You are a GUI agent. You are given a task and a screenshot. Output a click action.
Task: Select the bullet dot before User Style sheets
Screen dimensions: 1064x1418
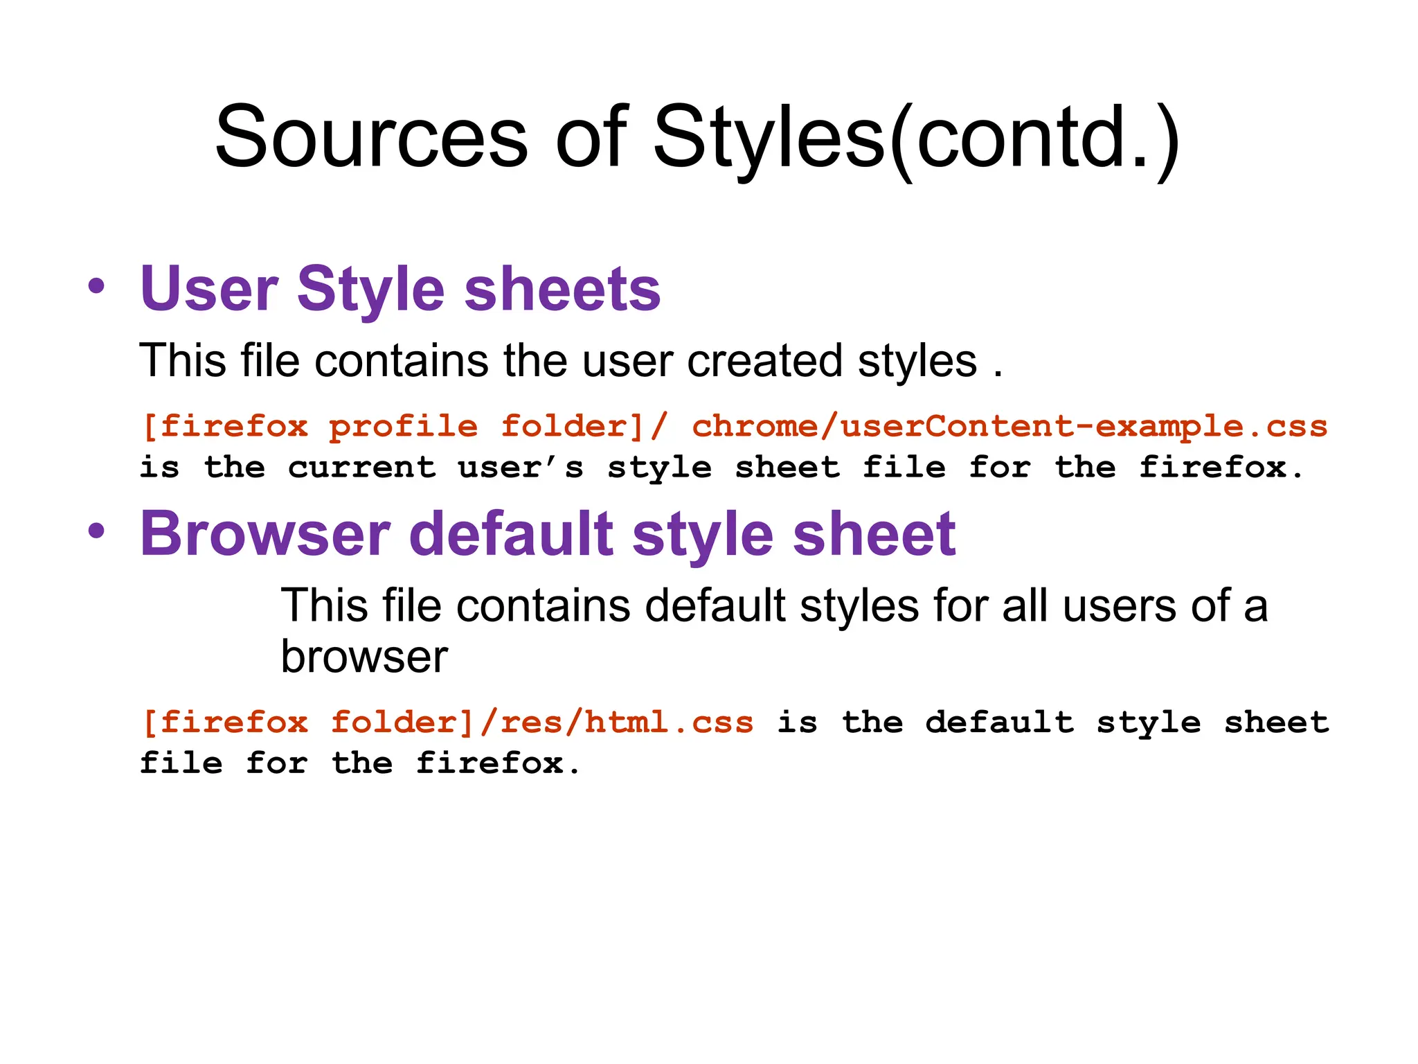click(97, 286)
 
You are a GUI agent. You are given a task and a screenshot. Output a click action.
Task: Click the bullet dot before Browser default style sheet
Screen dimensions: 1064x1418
click(97, 531)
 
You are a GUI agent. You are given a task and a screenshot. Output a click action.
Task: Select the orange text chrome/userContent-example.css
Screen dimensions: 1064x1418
click(1009, 426)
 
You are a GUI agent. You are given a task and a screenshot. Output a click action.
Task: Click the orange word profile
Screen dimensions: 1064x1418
click(403, 426)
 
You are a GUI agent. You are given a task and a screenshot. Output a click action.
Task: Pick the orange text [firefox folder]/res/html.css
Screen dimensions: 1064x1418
click(447, 722)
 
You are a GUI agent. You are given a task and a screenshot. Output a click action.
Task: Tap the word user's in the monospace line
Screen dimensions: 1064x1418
click(521, 468)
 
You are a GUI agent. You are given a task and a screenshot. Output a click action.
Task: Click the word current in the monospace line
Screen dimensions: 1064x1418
click(361, 468)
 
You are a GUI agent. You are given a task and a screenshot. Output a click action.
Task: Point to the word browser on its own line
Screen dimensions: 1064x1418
click(364, 656)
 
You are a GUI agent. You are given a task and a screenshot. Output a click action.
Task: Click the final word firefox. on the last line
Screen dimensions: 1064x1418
click(498, 763)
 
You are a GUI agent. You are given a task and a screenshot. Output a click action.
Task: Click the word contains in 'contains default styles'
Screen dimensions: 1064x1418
click(544, 605)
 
